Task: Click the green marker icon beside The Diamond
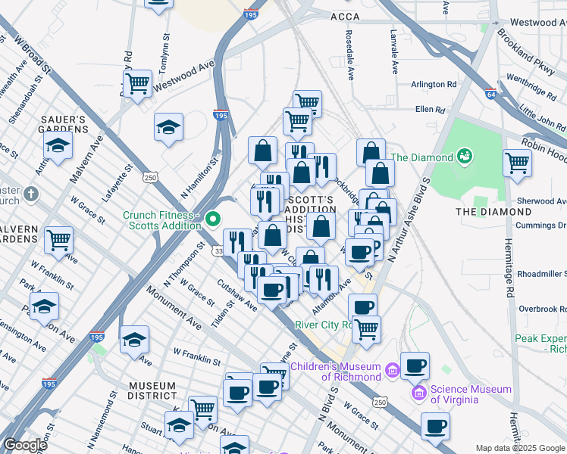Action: [465, 157]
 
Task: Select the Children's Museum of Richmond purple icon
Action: [392, 370]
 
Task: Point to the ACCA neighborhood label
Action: [345, 16]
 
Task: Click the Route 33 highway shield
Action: [218, 250]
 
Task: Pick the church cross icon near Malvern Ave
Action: [30, 194]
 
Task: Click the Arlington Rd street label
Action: [434, 85]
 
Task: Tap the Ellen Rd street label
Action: [429, 110]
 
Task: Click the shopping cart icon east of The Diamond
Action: [517, 162]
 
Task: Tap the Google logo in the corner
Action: [25, 445]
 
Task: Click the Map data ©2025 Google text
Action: [519, 448]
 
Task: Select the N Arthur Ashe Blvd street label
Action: [409, 220]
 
